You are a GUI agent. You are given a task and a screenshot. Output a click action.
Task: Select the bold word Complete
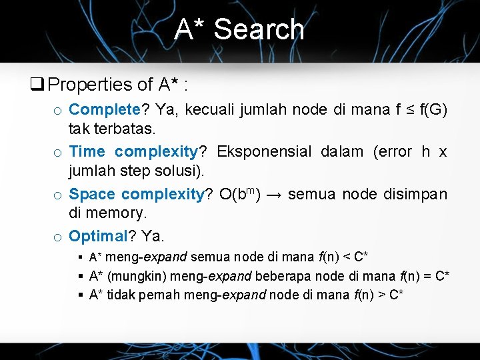tap(100, 109)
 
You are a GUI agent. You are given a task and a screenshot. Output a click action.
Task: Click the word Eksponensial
tap(264, 151)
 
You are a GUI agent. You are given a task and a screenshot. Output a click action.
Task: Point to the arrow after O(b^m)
tap(273, 195)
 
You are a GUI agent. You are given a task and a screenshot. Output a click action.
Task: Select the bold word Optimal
tap(98, 236)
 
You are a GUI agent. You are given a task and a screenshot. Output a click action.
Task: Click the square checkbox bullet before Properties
tap(36, 85)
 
